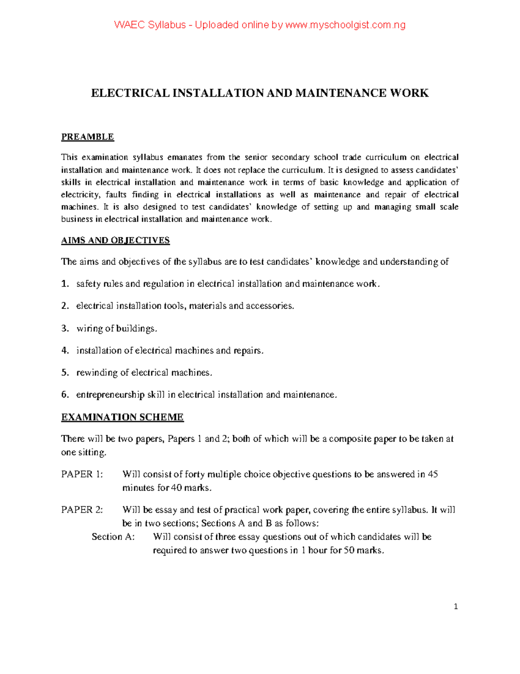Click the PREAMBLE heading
coord(87,137)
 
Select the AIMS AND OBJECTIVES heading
coord(115,240)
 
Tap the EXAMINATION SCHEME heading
coord(122,417)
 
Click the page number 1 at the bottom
coord(455,607)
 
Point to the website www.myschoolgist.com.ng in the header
coord(345,25)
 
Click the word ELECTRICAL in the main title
coord(130,93)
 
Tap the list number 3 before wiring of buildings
coord(65,329)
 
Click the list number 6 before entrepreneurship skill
coord(65,395)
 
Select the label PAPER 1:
coord(82,474)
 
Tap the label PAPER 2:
coord(82,510)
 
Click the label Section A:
coord(113,537)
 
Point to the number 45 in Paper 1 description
coord(432,474)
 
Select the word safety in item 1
coord(88,284)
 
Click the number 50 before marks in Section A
coord(349,551)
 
